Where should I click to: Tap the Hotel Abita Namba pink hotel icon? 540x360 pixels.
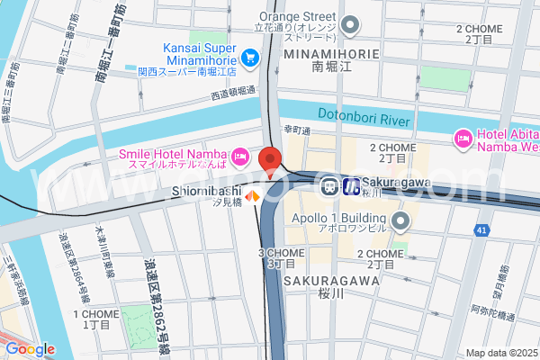pyautogui.click(x=463, y=139)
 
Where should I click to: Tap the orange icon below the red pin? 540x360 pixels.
pyautogui.click(x=254, y=195)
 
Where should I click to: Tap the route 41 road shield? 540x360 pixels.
pyautogui.click(x=483, y=231)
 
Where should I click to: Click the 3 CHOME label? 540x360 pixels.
pyautogui.click(x=281, y=253)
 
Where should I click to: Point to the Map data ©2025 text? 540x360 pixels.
pyautogui.click(x=500, y=353)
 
